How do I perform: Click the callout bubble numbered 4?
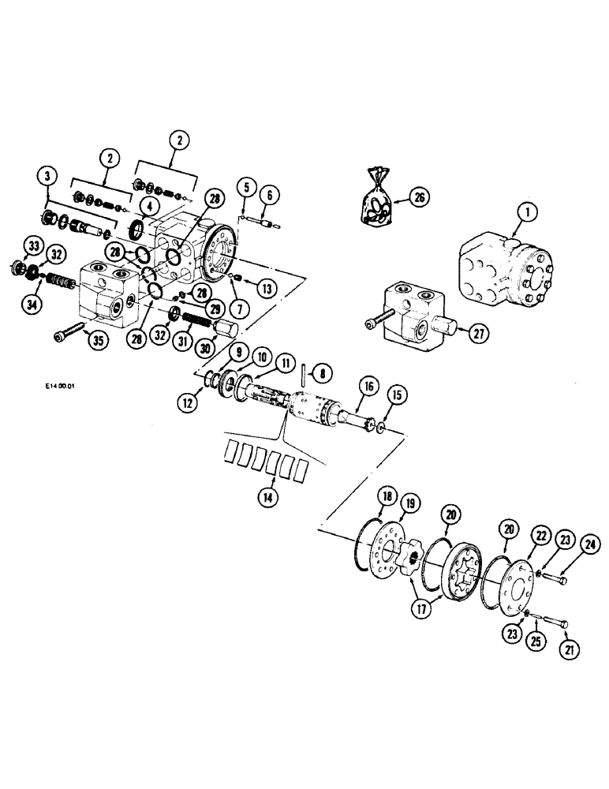pyautogui.click(x=147, y=207)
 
